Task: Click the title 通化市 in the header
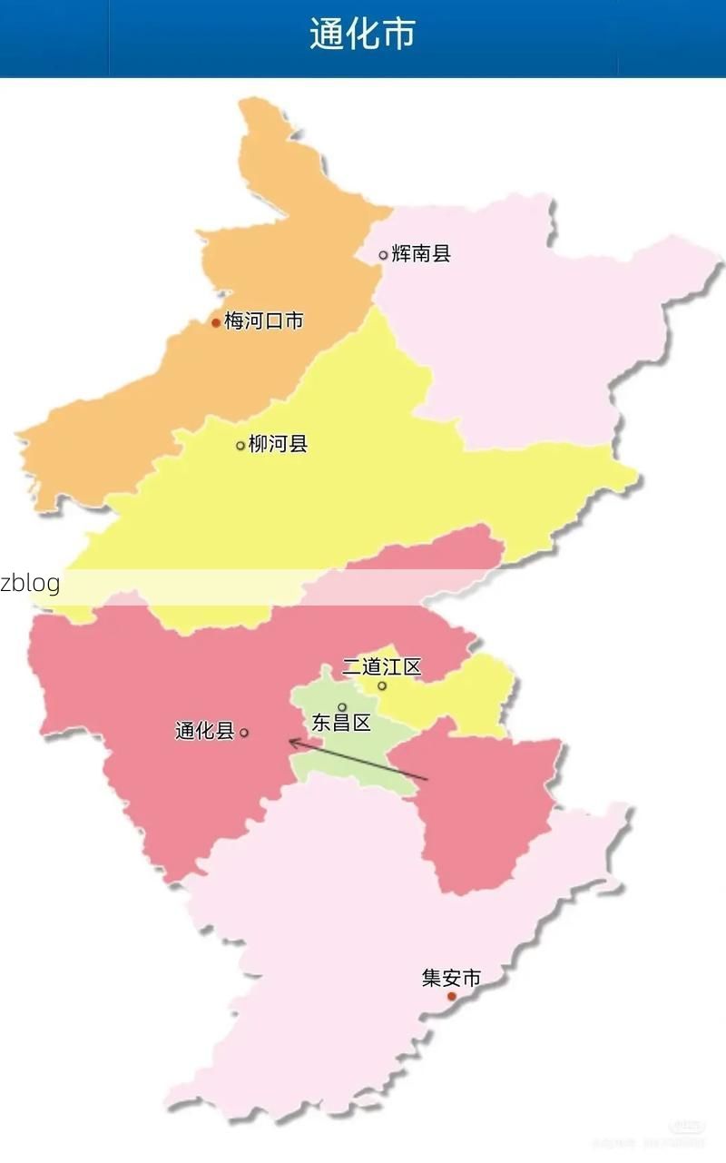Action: point(362,34)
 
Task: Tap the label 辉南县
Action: point(421,254)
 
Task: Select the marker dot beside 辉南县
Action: point(383,255)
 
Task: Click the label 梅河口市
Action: point(264,320)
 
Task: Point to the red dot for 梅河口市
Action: point(216,322)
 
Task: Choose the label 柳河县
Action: point(278,444)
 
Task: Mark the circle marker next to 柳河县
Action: point(240,446)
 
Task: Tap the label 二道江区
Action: point(381,667)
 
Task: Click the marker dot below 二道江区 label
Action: point(382,685)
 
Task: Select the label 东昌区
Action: point(341,724)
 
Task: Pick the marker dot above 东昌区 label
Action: point(342,707)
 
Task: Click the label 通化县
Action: point(205,731)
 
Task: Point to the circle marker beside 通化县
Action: point(244,733)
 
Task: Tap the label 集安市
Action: point(451,978)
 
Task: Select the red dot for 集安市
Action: point(451,996)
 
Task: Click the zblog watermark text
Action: point(30,583)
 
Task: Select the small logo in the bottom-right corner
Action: point(686,1127)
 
